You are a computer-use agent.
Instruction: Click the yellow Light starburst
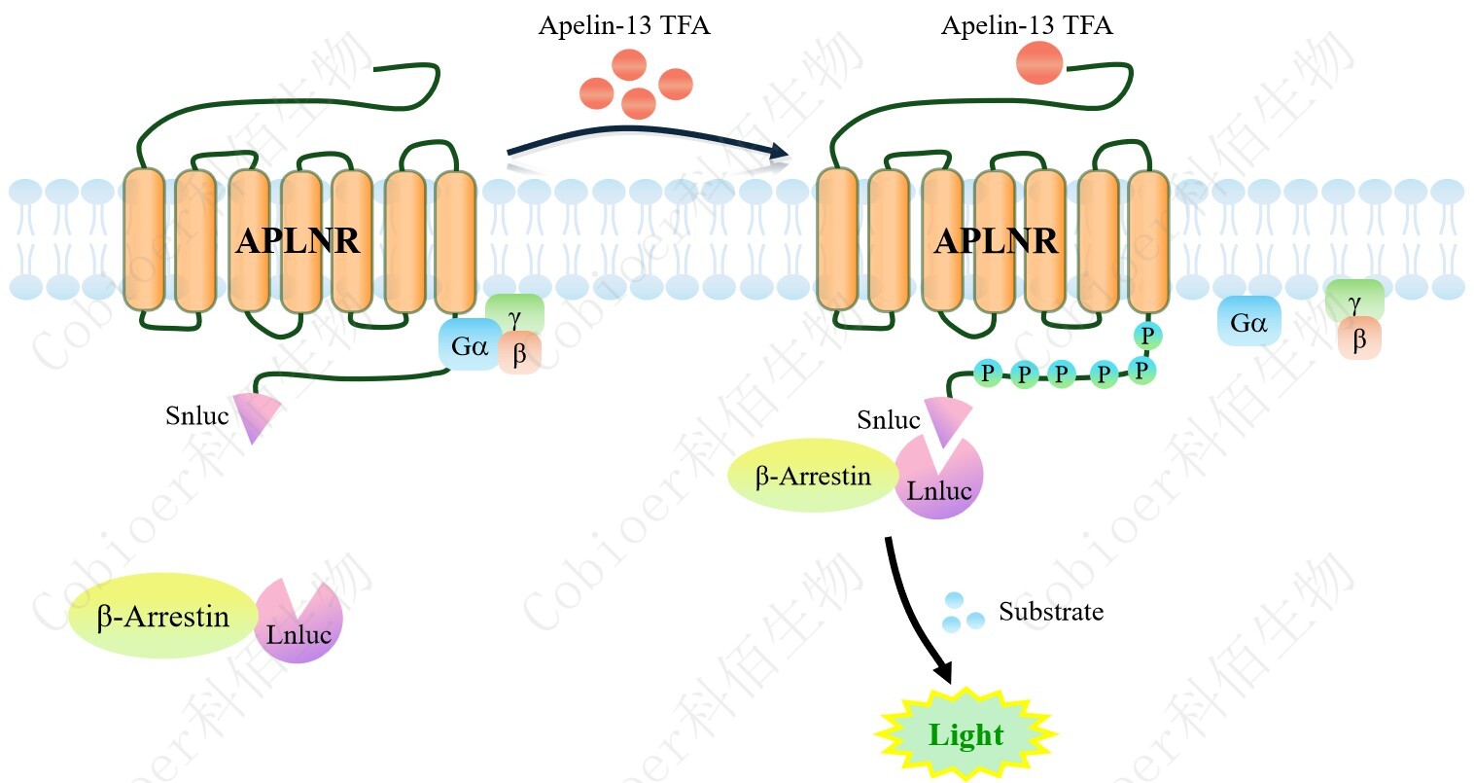(965, 735)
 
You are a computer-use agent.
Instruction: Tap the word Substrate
(1051, 612)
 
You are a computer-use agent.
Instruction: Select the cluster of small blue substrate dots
(963, 612)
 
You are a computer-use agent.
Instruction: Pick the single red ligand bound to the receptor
(1038, 62)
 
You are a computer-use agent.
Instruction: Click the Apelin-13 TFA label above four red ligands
(624, 25)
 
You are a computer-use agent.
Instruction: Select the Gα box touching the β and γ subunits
(469, 345)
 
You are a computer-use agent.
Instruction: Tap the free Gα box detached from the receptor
(1248, 322)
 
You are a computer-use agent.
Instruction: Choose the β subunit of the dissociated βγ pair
(1359, 339)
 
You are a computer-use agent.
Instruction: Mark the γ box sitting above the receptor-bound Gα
(515, 313)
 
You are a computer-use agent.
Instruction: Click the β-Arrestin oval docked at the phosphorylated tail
(813, 477)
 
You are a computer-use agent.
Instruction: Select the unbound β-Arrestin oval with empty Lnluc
(162, 617)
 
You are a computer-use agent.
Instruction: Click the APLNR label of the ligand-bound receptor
(996, 240)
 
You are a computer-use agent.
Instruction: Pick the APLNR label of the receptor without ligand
(298, 240)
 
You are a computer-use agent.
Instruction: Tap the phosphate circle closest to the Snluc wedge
(988, 373)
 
